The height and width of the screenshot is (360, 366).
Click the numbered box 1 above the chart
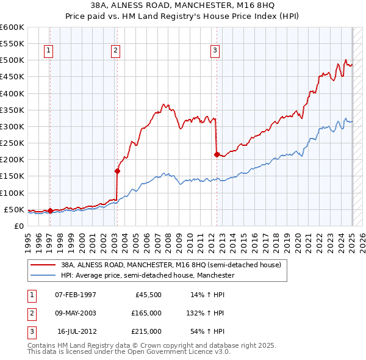click(48, 51)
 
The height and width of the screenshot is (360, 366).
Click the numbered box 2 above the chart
click(115, 51)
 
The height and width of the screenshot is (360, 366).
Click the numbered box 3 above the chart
click(215, 51)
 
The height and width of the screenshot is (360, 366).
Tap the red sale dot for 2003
click(117, 171)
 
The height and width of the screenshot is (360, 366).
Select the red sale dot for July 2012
click(217, 155)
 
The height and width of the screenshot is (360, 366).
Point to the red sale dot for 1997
click(50, 211)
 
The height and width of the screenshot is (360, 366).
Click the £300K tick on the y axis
click(12, 126)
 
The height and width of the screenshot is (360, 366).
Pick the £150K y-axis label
click(12, 176)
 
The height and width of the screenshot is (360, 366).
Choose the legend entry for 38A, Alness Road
click(171, 265)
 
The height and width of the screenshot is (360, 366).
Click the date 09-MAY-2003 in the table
click(75, 313)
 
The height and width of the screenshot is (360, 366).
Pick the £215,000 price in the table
click(147, 331)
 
